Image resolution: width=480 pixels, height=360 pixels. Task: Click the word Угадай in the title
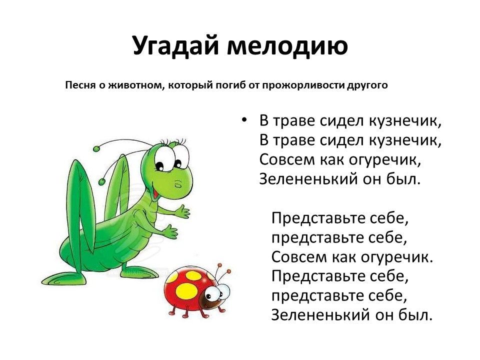[175, 45]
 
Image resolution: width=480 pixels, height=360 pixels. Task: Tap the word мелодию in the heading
[287, 46]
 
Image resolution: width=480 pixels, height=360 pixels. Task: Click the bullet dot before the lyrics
[244, 120]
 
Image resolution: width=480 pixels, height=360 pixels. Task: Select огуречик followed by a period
[397, 256]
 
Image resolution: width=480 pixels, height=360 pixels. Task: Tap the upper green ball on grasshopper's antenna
[96, 149]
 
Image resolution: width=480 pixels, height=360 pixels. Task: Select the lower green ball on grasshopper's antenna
[101, 181]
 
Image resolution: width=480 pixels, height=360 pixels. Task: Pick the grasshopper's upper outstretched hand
[182, 211]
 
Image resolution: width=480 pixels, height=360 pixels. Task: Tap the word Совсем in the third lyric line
[287, 159]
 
